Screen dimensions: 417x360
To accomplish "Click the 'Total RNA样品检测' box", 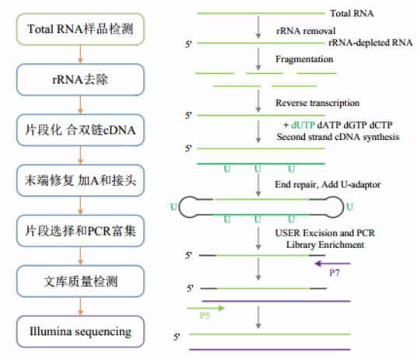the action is pyautogui.click(x=80, y=30).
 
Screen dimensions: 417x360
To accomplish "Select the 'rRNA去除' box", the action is pyautogui.click(x=80, y=79).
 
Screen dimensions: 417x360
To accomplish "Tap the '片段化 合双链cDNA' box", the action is pyautogui.click(x=80, y=130).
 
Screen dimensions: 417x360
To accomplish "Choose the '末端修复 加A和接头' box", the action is pyautogui.click(x=80, y=180).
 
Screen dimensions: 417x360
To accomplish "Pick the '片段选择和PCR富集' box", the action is pyautogui.click(x=80, y=231).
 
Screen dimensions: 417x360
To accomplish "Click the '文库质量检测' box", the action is pyautogui.click(x=80, y=281).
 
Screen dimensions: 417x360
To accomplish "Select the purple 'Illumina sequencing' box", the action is pyautogui.click(x=80, y=331).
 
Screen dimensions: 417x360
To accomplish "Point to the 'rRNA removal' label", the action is pyautogui.click(x=306, y=31).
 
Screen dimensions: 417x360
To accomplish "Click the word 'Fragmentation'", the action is pyautogui.click(x=304, y=59).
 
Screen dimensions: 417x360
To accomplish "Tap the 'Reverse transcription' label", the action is pyautogui.click(x=317, y=103).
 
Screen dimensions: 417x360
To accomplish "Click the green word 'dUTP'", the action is pyautogui.click(x=303, y=125).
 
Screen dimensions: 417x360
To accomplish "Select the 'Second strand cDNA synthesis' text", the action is pyautogui.click(x=338, y=137).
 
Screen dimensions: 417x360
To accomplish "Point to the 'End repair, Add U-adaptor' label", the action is pyautogui.click(x=328, y=184).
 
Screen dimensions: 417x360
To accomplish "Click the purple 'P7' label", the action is pyautogui.click(x=335, y=273).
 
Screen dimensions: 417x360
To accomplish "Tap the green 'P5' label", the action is pyautogui.click(x=205, y=316).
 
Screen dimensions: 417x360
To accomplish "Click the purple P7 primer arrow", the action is pyautogui.click(x=332, y=264).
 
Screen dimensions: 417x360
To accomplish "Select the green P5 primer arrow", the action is pyautogui.click(x=206, y=308).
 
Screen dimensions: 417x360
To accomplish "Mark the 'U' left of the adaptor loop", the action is pyautogui.click(x=173, y=207).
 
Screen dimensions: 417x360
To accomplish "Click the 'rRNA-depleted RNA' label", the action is pyautogui.click(x=370, y=43).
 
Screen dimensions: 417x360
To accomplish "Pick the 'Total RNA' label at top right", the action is pyautogui.click(x=352, y=13).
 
